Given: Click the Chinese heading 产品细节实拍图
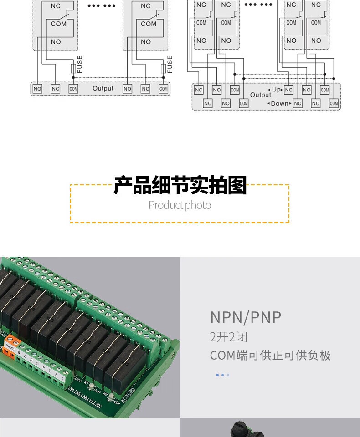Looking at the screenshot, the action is tap(180, 186).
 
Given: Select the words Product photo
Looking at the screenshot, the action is tap(180, 205).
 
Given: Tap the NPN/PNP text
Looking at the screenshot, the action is tap(246, 317).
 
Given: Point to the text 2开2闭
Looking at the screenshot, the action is tap(229, 337).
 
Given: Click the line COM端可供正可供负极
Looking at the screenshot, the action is tap(270, 356).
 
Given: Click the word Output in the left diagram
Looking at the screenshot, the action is tap(103, 88).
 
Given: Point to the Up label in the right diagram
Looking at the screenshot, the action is tap(276, 90).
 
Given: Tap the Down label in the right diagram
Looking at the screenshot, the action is tap(280, 103).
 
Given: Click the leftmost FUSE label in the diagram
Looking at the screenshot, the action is tap(80, 65).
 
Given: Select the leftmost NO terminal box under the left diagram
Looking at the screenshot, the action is tap(37, 89).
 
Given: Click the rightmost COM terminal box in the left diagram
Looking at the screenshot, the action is tap(164, 89).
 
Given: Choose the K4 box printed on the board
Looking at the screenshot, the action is tap(72, 390).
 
